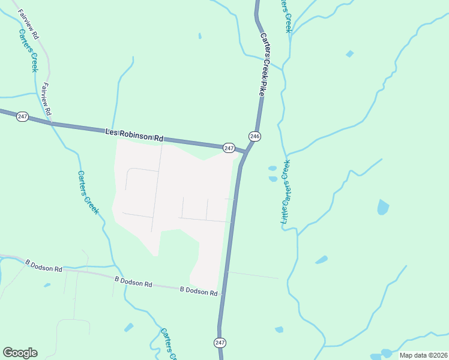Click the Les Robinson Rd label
[x=134, y=134]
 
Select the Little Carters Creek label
[x=286, y=192]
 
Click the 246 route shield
[x=255, y=137]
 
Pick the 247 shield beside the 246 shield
[x=229, y=148]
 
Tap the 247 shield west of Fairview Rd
[x=22, y=116]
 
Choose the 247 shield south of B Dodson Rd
[x=220, y=342]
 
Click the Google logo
[x=20, y=353]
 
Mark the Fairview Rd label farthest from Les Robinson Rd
[x=28, y=25]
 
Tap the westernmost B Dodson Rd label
[x=44, y=265]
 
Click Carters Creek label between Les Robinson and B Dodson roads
[x=88, y=192]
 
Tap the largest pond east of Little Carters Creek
[x=382, y=208]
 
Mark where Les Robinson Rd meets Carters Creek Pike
[x=245, y=152]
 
